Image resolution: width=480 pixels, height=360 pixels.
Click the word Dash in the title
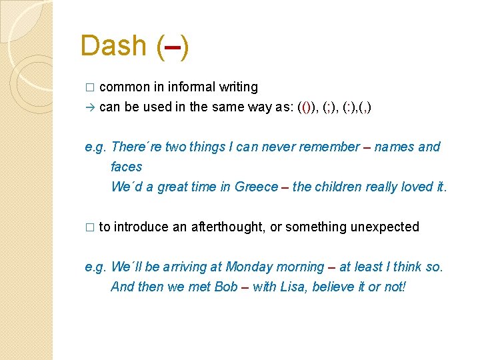[113, 45]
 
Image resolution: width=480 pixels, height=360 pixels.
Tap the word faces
[127, 167]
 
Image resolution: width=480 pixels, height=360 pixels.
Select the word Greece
[256, 187]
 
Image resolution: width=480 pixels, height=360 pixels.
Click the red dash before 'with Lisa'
[245, 287]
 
